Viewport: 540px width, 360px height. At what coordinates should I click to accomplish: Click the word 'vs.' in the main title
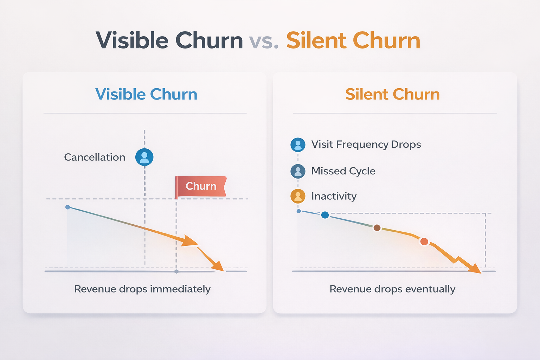click(x=264, y=41)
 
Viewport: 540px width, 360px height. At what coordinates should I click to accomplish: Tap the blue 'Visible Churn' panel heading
click(x=146, y=94)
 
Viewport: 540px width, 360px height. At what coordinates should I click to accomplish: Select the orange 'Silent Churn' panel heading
click(x=392, y=94)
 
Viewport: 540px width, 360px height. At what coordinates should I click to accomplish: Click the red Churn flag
click(x=201, y=186)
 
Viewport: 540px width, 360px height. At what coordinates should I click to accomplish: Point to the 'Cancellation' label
click(x=95, y=157)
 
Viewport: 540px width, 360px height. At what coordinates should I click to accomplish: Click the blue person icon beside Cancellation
click(x=144, y=157)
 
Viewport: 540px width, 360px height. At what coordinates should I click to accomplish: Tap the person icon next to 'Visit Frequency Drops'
click(x=298, y=145)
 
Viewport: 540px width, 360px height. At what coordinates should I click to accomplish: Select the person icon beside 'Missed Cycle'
click(x=298, y=171)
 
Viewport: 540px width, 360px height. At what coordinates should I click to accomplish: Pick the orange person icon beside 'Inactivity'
click(x=298, y=196)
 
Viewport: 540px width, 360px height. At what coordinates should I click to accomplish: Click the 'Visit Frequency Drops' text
click(x=366, y=144)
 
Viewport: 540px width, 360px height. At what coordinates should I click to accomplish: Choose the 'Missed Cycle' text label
click(x=343, y=171)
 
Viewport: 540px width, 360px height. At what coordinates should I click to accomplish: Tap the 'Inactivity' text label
click(x=334, y=196)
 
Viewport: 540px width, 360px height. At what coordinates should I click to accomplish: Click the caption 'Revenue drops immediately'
click(x=142, y=289)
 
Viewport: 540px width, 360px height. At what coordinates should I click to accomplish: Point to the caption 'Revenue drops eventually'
click(x=392, y=289)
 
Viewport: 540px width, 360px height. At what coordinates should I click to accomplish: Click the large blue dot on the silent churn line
click(x=325, y=215)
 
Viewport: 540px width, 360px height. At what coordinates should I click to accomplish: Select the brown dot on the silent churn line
click(x=377, y=228)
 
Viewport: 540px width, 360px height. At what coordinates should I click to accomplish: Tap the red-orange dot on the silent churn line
click(x=424, y=242)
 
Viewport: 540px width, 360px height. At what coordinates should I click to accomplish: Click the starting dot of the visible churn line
click(x=67, y=207)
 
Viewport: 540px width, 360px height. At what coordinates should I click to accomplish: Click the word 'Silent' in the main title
click(x=317, y=41)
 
